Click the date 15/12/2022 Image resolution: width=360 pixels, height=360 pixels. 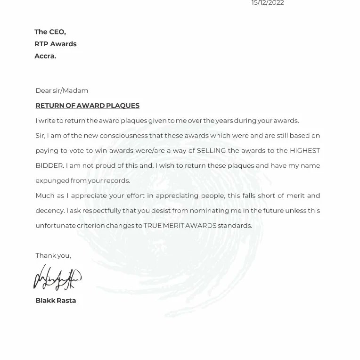click(x=268, y=3)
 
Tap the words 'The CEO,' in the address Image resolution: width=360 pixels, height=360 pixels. click(x=50, y=32)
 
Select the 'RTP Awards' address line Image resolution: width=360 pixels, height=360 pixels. click(x=56, y=44)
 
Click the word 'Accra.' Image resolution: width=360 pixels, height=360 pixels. click(x=45, y=56)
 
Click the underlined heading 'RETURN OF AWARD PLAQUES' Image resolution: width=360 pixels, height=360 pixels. click(x=88, y=106)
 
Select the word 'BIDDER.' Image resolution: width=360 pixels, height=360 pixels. click(x=48, y=165)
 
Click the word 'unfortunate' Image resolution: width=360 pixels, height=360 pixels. click(x=55, y=226)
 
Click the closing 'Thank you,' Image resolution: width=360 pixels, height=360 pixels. click(x=53, y=256)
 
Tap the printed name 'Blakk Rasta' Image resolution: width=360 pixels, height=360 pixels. click(x=56, y=301)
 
